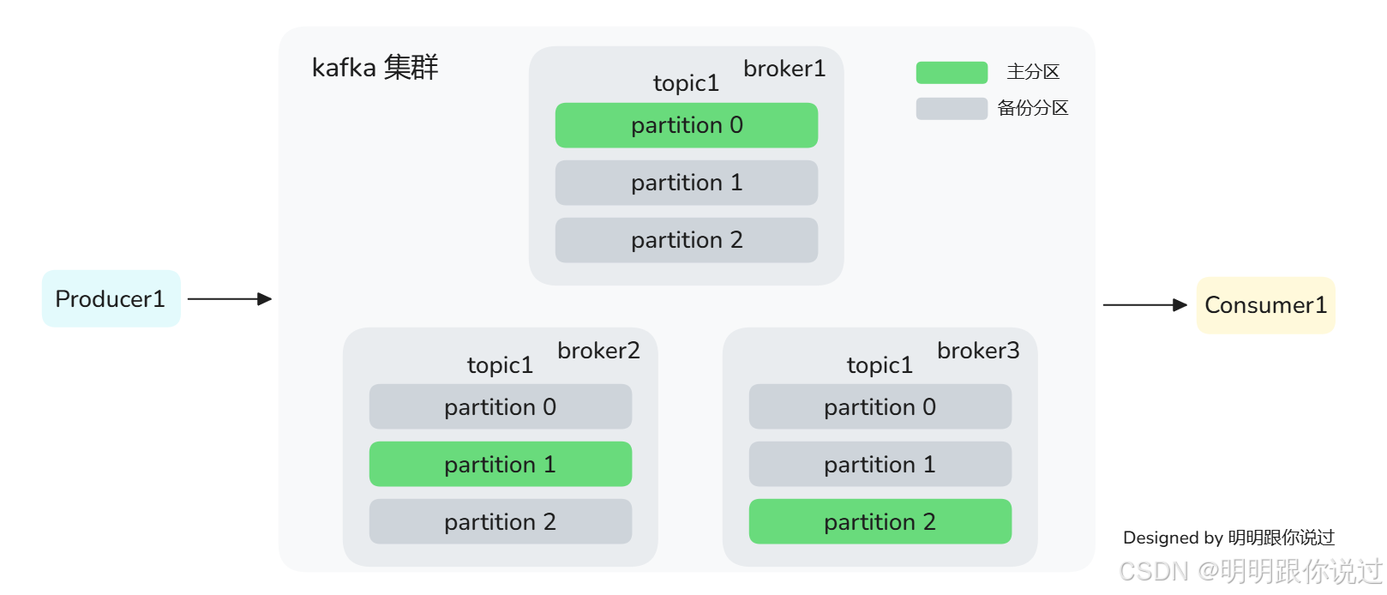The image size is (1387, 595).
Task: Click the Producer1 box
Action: [111, 298]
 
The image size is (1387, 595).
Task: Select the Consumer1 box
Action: [1265, 305]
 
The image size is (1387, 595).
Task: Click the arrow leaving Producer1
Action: [229, 299]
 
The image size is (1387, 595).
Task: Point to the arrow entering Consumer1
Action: [1144, 305]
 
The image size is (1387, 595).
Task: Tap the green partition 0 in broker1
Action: [686, 125]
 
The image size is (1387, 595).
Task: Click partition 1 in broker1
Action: [686, 183]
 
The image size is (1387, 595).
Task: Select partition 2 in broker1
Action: [686, 240]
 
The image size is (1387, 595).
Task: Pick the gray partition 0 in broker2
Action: [500, 406]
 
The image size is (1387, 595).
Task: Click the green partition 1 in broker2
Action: [500, 464]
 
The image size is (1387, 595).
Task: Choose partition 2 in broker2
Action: [500, 521]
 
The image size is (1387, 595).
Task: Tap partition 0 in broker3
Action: [880, 406]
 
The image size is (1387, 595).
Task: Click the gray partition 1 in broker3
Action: [880, 464]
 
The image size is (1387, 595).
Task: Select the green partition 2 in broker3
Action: [880, 521]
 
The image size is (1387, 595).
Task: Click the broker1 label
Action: [784, 69]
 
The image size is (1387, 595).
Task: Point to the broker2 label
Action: [598, 351]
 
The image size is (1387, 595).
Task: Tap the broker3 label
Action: [978, 351]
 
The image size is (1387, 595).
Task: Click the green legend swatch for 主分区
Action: [952, 73]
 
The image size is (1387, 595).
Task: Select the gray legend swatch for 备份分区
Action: [952, 109]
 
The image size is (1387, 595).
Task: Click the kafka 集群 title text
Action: [375, 67]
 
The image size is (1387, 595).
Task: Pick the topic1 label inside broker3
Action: [880, 365]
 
